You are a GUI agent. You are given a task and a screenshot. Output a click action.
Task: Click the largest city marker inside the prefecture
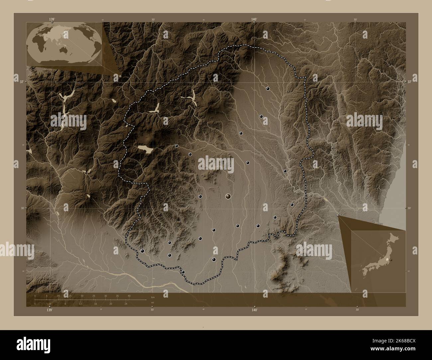pyautogui.click(x=228, y=196)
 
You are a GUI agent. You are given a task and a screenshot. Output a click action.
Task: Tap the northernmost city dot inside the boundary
pyautogui.click(x=268, y=89)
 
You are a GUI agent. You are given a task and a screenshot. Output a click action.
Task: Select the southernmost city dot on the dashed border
pyautogui.click(x=183, y=272)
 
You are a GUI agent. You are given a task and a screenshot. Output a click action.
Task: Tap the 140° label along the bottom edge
pyautogui.click(x=254, y=310)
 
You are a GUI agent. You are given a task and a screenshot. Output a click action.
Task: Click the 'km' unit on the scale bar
pyautogui.click(x=153, y=297)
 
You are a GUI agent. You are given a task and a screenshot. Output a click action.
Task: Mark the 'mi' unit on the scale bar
pyautogui.click(x=152, y=303)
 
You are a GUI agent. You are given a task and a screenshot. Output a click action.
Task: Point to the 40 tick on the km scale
pyautogui.click(x=129, y=296)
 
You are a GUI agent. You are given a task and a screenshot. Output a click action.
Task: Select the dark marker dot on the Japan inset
pyautogui.click(x=391, y=260)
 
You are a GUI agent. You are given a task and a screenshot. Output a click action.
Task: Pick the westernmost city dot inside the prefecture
pyautogui.click(x=143, y=251)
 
